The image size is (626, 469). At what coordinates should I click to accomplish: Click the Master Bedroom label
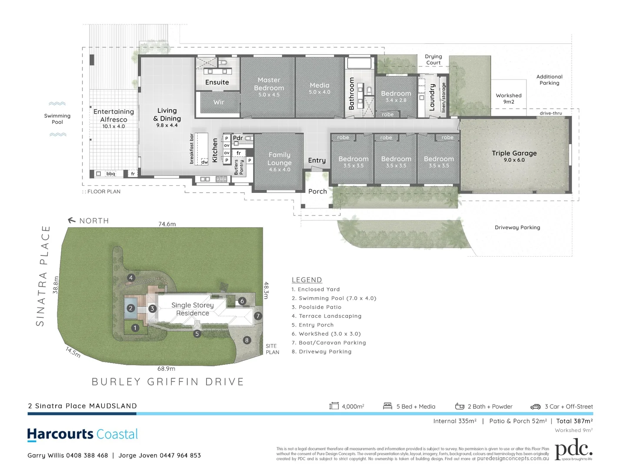(x=269, y=84)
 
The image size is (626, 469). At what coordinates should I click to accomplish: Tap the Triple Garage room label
(x=514, y=153)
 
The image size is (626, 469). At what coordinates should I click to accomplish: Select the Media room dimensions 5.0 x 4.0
(x=320, y=92)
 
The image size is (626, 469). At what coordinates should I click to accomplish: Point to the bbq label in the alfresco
(x=111, y=174)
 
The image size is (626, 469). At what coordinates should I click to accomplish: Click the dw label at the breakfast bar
(x=204, y=162)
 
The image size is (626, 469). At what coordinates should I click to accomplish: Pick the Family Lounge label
(x=279, y=159)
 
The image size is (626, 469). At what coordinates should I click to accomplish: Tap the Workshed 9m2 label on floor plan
(x=508, y=99)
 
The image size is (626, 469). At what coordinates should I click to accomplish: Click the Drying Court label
(x=433, y=59)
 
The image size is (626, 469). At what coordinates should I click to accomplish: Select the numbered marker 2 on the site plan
(x=130, y=308)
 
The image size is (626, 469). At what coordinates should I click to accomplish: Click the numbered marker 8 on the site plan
(x=247, y=340)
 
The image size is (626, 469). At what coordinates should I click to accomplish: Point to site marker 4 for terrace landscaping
(x=131, y=277)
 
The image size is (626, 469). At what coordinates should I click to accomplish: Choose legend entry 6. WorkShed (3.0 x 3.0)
(x=326, y=334)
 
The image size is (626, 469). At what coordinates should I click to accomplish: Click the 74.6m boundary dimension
(x=167, y=224)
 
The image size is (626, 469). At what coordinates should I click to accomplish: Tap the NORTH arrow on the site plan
(x=72, y=221)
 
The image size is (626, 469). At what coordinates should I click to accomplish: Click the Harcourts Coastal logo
(x=83, y=434)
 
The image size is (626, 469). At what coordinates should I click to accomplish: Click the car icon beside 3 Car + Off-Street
(x=535, y=407)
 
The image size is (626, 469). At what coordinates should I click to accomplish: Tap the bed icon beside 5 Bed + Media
(x=388, y=406)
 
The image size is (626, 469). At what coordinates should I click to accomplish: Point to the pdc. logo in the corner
(x=573, y=449)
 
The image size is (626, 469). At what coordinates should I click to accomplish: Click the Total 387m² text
(x=574, y=421)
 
